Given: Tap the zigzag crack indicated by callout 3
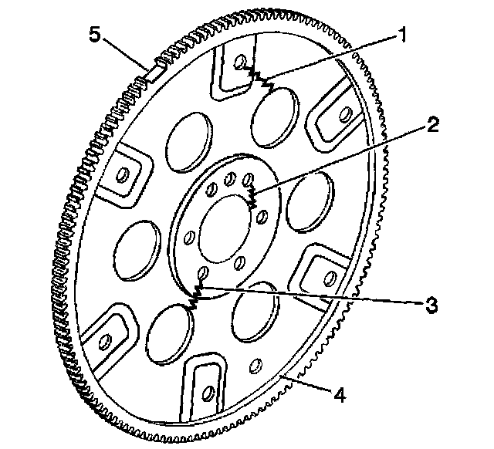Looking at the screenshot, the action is click(196, 295).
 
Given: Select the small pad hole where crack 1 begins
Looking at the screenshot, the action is click(239, 61).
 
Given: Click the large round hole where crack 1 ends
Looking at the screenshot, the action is click(276, 112).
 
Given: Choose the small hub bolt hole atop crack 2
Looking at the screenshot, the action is click(249, 180).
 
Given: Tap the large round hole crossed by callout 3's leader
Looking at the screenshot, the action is click(252, 312).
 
